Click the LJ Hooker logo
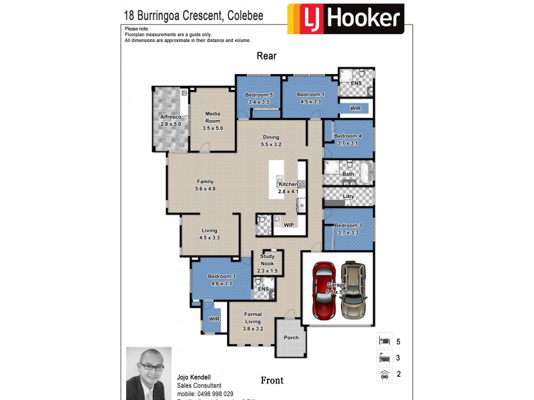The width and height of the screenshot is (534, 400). pyautogui.click(x=345, y=19)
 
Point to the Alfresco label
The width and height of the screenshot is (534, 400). pyautogui.click(x=171, y=121)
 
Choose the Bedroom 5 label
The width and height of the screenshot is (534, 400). pyautogui.click(x=258, y=98)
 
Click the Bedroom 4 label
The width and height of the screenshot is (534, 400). pyautogui.click(x=348, y=139)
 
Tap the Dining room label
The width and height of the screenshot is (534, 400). pyautogui.click(x=271, y=141)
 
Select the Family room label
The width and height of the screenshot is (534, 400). pyautogui.click(x=205, y=185)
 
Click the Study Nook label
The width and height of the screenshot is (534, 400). pyautogui.click(x=268, y=260)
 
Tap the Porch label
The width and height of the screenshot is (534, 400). pyautogui.click(x=291, y=337)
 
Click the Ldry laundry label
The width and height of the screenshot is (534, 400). pyautogui.click(x=348, y=196)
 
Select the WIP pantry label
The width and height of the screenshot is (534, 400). pyautogui.click(x=289, y=225)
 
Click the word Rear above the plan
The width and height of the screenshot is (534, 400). pyautogui.click(x=266, y=57)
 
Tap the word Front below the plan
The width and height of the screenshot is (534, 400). pyautogui.click(x=272, y=381)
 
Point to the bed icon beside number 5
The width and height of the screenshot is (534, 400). pyautogui.click(x=384, y=341)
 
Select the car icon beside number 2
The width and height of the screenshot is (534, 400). pyautogui.click(x=384, y=374)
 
